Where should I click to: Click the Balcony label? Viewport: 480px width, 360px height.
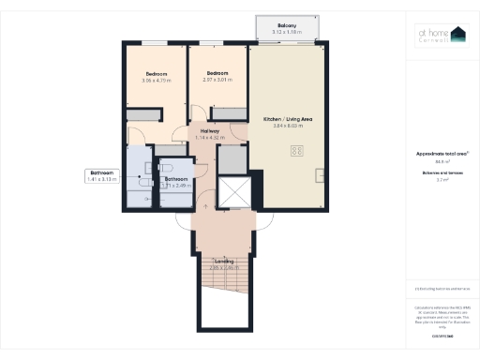click(287, 25)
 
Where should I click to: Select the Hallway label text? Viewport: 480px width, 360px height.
click(209, 132)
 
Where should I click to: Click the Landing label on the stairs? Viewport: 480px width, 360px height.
click(223, 261)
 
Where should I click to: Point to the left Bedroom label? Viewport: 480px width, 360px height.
click(157, 74)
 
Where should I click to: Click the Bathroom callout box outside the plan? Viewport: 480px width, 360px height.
click(101, 175)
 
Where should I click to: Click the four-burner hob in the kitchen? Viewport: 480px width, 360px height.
click(297, 151)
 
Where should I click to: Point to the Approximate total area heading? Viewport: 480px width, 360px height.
click(434, 153)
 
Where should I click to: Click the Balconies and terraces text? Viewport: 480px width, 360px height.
click(434, 172)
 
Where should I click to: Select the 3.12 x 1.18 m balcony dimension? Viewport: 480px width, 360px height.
click(287, 32)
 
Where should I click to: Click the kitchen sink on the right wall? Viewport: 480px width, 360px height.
click(321, 174)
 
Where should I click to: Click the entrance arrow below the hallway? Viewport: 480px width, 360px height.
click(204, 203)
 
